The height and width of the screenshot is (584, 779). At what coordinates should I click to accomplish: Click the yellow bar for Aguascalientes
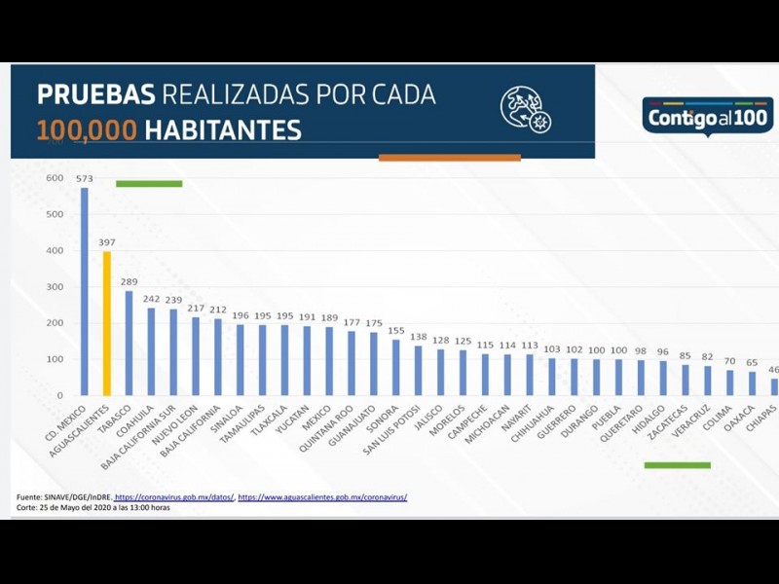(106, 323)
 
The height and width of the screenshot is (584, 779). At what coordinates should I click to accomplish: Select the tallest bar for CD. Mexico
(84, 291)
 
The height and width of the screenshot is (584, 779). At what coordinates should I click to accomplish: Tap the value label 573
(84, 179)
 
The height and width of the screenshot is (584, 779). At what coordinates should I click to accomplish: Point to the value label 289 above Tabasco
(129, 282)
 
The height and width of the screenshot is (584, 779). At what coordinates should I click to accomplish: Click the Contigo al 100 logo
(707, 116)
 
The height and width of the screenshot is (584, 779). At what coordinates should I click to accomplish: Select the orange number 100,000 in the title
(87, 130)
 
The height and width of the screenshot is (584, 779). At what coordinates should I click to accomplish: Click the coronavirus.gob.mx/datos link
(174, 497)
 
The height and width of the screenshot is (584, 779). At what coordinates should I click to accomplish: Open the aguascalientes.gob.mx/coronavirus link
(322, 497)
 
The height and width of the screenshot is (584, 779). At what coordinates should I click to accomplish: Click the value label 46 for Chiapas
(773, 371)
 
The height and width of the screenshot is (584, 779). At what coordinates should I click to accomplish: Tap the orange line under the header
(449, 157)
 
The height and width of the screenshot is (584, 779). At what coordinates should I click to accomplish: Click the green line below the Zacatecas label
(677, 465)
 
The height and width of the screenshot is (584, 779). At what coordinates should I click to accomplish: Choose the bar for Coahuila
(151, 351)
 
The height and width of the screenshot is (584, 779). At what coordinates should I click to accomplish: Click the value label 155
(395, 331)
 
